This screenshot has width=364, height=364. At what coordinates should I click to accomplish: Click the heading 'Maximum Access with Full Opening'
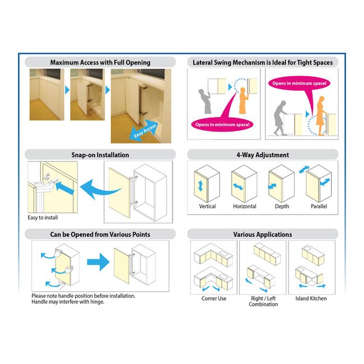[100, 62]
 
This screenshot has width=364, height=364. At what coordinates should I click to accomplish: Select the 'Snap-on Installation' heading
[100, 155]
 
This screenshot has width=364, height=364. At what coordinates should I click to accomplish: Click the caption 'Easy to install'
[43, 218]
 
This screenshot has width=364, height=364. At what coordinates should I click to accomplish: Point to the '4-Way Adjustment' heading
[263, 155]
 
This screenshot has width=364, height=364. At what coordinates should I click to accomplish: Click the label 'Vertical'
[207, 207]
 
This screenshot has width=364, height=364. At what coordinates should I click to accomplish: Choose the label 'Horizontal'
[245, 207]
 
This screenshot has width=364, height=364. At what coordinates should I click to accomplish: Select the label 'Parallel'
[319, 207]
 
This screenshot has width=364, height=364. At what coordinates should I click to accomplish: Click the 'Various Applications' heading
[263, 234]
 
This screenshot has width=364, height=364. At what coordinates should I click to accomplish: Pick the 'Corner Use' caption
[214, 298]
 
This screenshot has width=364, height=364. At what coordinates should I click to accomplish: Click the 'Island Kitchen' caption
[311, 298]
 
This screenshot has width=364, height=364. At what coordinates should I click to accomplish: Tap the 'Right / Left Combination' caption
[263, 301]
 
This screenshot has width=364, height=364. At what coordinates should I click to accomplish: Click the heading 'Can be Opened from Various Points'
[100, 234]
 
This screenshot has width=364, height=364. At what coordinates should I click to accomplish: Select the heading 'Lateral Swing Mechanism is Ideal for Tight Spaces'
[263, 62]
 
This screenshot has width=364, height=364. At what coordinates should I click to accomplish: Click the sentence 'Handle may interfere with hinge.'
[68, 302]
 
